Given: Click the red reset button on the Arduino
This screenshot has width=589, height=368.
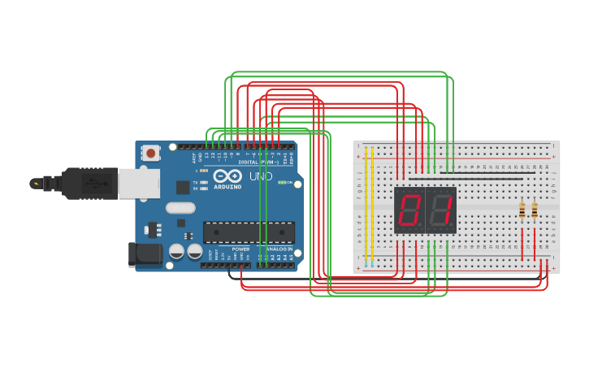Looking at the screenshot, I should click(x=150, y=152).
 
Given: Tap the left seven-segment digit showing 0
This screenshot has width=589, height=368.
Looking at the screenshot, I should click(x=409, y=210).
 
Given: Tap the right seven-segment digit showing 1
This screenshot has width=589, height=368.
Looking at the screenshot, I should click(x=441, y=210).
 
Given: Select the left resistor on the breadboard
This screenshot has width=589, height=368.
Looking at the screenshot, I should click(x=522, y=210).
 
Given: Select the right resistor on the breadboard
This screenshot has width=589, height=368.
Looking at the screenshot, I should click(x=535, y=210).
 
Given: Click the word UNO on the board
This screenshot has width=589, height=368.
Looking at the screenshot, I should click(x=260, y=176).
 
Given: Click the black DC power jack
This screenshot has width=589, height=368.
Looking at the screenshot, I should click(x=145, y=254).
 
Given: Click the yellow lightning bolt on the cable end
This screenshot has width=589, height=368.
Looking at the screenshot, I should click(x=36, y=184).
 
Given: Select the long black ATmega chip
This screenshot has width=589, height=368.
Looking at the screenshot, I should click(x=249, y=232).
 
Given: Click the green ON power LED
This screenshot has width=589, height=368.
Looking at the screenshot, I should click(x=281, y=183).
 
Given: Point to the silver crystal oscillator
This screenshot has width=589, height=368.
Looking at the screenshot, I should click(x=180, y=207).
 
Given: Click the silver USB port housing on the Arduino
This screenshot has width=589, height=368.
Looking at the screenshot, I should click(x=138, y=184).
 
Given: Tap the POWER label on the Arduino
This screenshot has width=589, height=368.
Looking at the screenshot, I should click(x=240, y=249).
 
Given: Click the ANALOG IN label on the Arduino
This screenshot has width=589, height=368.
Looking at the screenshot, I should click(x=278, y=249).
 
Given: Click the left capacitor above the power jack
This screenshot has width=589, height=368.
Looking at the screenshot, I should click(x=176, y=251).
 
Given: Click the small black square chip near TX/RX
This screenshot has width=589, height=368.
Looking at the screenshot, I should click(x=183, y=187).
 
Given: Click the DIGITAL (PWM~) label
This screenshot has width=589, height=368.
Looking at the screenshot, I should click(x=258, y=162).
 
